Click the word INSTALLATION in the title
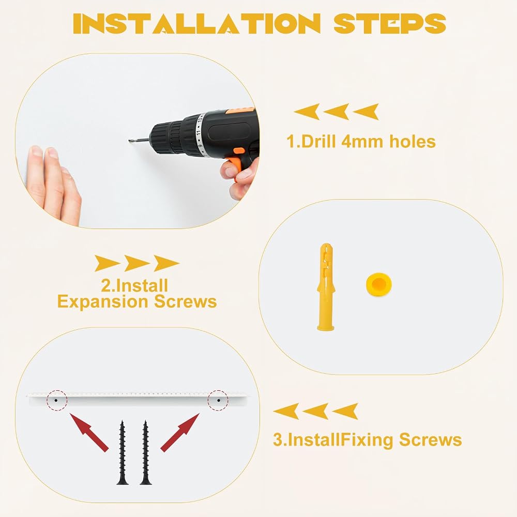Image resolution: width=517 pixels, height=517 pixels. pyautogui.click(x=196, y=24)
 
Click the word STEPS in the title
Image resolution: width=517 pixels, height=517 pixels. pyautogui.click(x=390, y=24)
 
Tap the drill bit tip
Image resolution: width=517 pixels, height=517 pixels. pyautogui.click(x=130, y=141)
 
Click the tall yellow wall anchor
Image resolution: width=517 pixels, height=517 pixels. pyautogui.click(x=326, y=286)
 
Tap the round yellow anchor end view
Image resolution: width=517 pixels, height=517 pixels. pyautogui.click(x=379, y=284)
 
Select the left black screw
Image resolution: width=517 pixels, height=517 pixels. pyautogui.click(x=123, y=452)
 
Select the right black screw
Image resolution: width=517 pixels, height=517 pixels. pyautogui.click(x=145, y=452)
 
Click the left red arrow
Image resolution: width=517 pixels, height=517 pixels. pyautogui.click(x=89, y=432)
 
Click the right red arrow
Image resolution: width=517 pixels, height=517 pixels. pyautogui.click(x=180, y=432)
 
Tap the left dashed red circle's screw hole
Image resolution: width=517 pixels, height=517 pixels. pyautogui.click(x=56, y=400)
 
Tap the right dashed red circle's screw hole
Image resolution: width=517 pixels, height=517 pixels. pyautogui.click(x=218, y=400)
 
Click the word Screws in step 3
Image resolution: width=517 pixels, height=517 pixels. pyautogui.click(x=430, y=440)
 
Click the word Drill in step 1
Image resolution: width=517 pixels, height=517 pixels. pyautogui.click(x=318, y=142)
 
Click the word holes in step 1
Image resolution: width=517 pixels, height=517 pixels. pyautogui.click(x=413, y=142)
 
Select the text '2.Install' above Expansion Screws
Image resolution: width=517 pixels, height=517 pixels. pyautogui.click(x=134, y=285)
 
